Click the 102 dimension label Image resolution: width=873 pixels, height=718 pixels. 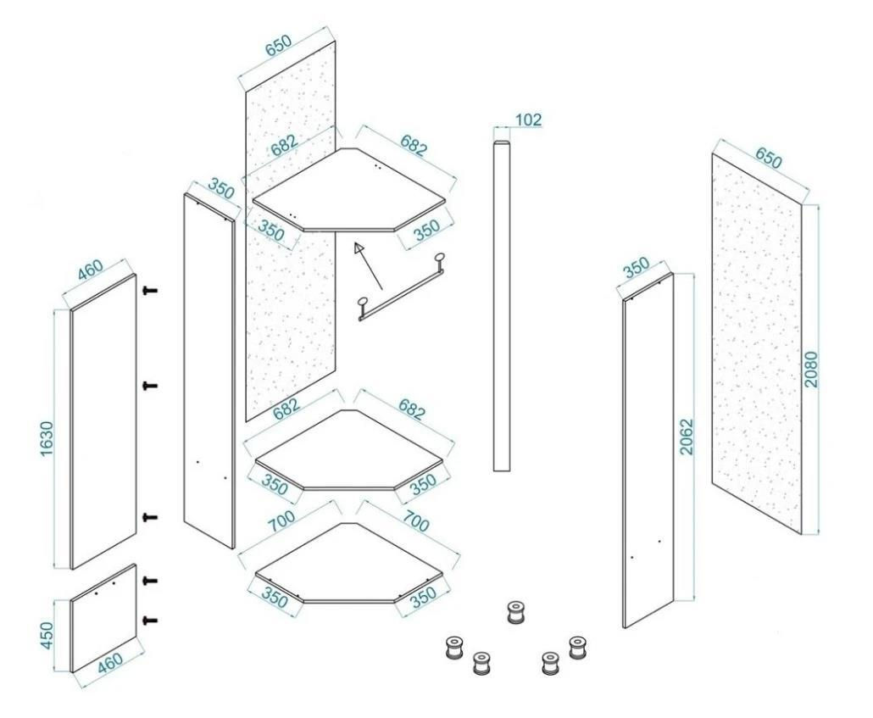tap(528, 120)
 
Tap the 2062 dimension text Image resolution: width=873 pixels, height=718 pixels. tap(687, 437)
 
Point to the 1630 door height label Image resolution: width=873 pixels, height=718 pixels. tap(47, 439)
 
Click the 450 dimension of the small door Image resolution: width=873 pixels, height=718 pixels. tap(47, 635)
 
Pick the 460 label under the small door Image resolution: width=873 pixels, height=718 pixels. tap(109, 662)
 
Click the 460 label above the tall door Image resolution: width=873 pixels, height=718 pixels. tap(90, 270)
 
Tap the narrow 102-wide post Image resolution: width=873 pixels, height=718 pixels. tap(502, 306)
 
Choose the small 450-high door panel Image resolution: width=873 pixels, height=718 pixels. tap(103, 618)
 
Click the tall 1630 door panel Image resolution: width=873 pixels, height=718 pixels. tap(103, 421)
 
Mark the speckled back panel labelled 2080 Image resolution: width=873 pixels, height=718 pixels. tap(757, 344)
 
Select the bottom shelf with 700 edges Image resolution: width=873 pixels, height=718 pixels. tap(349, 565)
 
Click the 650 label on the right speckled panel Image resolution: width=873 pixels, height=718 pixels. tap(769, 158)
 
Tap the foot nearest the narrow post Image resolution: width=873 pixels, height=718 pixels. tap(516, 612)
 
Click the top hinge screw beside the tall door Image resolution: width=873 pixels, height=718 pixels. tap(150, 290)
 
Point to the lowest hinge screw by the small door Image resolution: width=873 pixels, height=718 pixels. tap(150, 620)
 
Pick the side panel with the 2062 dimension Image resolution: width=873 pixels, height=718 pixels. tap(648, 451)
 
